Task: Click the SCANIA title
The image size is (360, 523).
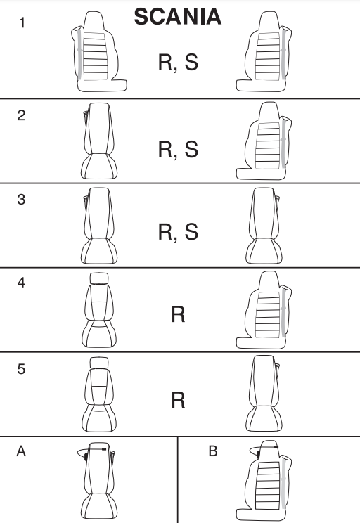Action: (x=177, y=17)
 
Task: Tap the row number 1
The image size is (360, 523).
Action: (x=22, y=23)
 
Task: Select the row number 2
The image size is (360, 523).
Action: (x=21, y=115)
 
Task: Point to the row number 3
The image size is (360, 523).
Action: (x=21, y=200)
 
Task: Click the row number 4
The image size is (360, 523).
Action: (x=21, y=283)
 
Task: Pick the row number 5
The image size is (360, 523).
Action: (x=21, y=369)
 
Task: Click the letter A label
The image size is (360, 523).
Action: (x=21, y=451)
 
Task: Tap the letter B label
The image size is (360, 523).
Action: (x=213, y=451)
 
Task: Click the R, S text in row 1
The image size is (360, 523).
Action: (x=178, y=63)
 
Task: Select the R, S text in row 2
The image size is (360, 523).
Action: (x=178, y=149)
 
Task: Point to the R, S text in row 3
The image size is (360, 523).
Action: (x=178, y=232)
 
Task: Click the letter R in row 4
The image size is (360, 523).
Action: (x=178, y=314)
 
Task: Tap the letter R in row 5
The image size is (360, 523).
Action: (x=178, y=400)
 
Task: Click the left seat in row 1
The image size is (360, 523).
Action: (x=98, y=52)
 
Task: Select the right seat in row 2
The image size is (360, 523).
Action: (x=264, y=141)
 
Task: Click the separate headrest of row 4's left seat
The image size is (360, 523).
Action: (x=99, y=278)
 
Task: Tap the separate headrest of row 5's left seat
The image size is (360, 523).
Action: (x=99, y=363)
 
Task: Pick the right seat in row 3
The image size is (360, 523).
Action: (x=264, y=226)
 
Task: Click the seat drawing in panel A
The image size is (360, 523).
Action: (x=97, y=481)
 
